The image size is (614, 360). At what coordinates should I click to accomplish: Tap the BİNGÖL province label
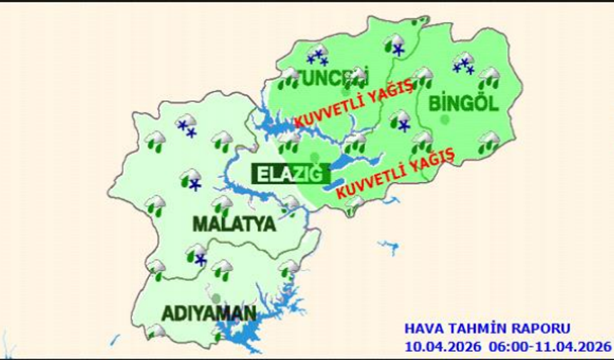(462, 104)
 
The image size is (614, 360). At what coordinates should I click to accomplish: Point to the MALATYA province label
(234, 224)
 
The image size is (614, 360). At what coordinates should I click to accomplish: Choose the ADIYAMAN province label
(208, 314)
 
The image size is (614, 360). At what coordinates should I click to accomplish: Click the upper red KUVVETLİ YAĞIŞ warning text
(353, 104)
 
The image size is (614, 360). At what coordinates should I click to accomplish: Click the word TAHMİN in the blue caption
(475, 329)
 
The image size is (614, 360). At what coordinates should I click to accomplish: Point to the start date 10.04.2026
(443, 346)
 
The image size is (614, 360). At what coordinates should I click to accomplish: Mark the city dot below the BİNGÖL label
(446, 119)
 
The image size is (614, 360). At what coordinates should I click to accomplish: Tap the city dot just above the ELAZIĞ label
(316, 157)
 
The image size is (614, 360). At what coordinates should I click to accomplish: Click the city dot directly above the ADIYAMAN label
(216, 297)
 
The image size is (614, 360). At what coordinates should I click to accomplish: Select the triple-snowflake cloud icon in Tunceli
(316, 55)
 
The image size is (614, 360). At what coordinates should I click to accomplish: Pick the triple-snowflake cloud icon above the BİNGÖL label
(464, 64)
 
